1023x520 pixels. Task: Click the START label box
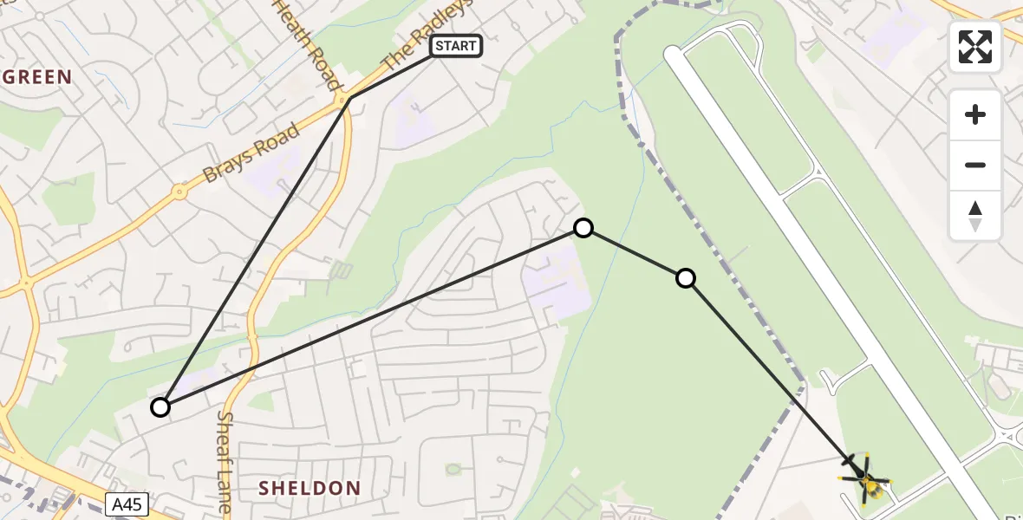[x=456, y=46]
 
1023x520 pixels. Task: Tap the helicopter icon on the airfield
[x=866, y=478]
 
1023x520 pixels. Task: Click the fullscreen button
[x=975, y=47]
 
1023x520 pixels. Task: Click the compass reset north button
[x=975, y=216]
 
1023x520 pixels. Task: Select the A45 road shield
[x=127, y=504]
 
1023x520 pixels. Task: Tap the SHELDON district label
[x=310, y=489]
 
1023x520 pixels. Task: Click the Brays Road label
[x=251, y=153]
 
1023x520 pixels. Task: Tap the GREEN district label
[x=36, y=77]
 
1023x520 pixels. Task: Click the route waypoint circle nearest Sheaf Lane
[x=160, y=406]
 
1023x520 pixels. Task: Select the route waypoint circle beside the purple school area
[x=583, y=228]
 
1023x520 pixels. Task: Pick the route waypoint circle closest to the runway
[x=686, y=278]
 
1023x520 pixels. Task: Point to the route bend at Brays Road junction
[x=349, y=99]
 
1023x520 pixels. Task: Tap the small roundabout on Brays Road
[x=179, y=192]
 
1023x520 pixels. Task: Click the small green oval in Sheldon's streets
[x=453, y=469]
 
